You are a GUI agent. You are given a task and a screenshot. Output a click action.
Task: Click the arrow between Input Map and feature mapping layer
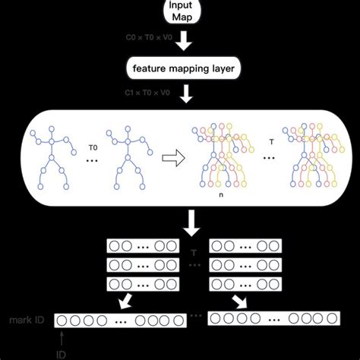point(182,44)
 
